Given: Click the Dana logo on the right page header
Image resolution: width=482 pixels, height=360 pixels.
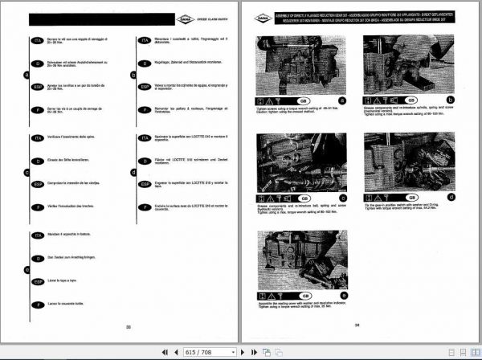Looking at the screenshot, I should click(x=262, y=18).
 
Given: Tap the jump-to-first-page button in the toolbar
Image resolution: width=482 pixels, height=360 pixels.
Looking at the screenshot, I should click(x=164, y=352).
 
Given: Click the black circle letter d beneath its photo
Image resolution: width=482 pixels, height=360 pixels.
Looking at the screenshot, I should click(x=452, y=197).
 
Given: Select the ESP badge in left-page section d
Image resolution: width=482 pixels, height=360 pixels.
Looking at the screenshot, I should click(x=143, y=184).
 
